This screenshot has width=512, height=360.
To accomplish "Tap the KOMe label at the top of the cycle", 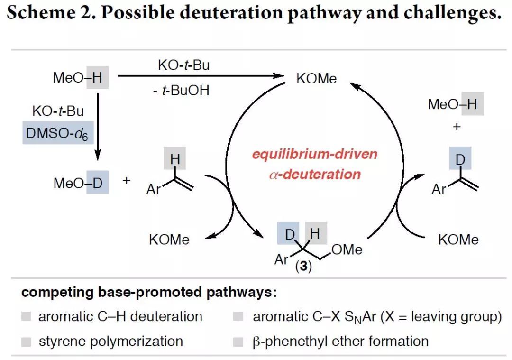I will pos(316,78).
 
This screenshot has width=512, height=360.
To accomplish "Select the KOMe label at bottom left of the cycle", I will pos(169,240).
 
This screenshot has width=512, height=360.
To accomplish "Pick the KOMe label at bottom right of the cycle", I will pos(458,240).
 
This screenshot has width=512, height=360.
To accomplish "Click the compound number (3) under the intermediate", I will pos(303,267).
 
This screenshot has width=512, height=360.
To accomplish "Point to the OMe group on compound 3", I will pos(347,249).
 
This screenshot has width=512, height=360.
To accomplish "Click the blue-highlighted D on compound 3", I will pos(290,234).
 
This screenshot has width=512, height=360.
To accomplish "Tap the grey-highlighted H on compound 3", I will pos(315,234).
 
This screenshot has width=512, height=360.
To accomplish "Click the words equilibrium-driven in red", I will pos(314,155).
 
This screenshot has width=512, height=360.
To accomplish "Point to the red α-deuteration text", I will pos(314,174).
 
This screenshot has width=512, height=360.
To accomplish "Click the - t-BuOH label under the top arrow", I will pos(181,90).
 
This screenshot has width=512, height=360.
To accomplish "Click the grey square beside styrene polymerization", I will pos(26,341).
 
